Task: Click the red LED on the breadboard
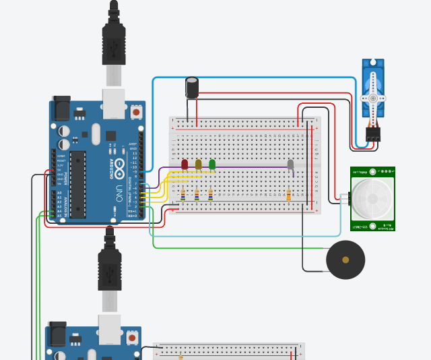(x=185, y=164)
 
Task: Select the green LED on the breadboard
(x=212, y=164)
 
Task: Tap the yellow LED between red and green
(x=198, y=164)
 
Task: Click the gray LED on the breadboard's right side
(x=290, y=164)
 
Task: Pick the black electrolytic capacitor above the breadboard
(x=193, y=87)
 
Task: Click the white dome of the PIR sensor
(x=372, y=198)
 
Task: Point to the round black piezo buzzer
(x=345, y=260)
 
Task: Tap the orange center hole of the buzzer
(x=345, y=260)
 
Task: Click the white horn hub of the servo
(x=372, y=98)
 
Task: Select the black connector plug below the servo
(x=372, y=133)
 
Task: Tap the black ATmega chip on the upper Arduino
(x=78, y=185)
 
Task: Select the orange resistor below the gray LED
(x=288, y=196)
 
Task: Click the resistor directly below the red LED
(x=183, y=196)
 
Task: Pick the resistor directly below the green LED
(x=211, y=196)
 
